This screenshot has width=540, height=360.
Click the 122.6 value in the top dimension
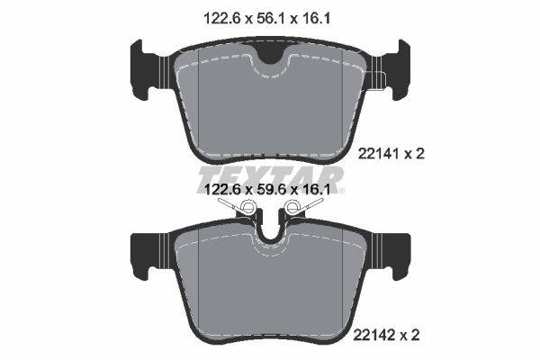tap(221, 18)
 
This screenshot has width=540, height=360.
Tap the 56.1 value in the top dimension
tap(271, 18)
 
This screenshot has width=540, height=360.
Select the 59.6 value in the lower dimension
tap(271, 189)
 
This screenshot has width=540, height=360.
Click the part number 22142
tap(373, 335)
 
